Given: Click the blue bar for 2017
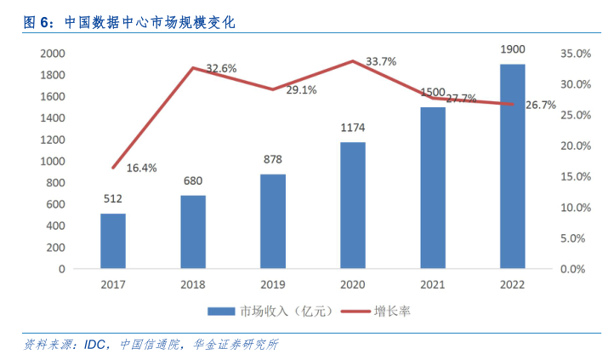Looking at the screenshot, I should [x=113, y=241].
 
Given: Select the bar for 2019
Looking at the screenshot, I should [x=273, y=221].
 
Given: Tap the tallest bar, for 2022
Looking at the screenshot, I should [x=512, y=166].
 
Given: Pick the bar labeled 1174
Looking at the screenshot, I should [x=353, y=205].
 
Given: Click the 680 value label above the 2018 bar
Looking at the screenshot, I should [x=193, y=180].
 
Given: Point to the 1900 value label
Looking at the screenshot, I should [x=512, y=49].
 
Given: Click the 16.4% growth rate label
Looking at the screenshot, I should [x=142, y=168].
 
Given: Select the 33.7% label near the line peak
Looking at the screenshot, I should [x=381, y=62].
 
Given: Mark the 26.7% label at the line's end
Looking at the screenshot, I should [x=541, y=106].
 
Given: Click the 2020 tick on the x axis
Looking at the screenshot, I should [x=353, y=286].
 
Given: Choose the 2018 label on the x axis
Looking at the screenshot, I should [x=193, y=286].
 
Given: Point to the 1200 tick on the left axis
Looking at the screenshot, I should [x=52, y=140].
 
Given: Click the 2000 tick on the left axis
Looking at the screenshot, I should [x=52, y=53].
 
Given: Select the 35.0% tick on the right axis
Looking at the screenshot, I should [x=574, y=53].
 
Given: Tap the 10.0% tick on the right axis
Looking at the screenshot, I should [x=574, y=207].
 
